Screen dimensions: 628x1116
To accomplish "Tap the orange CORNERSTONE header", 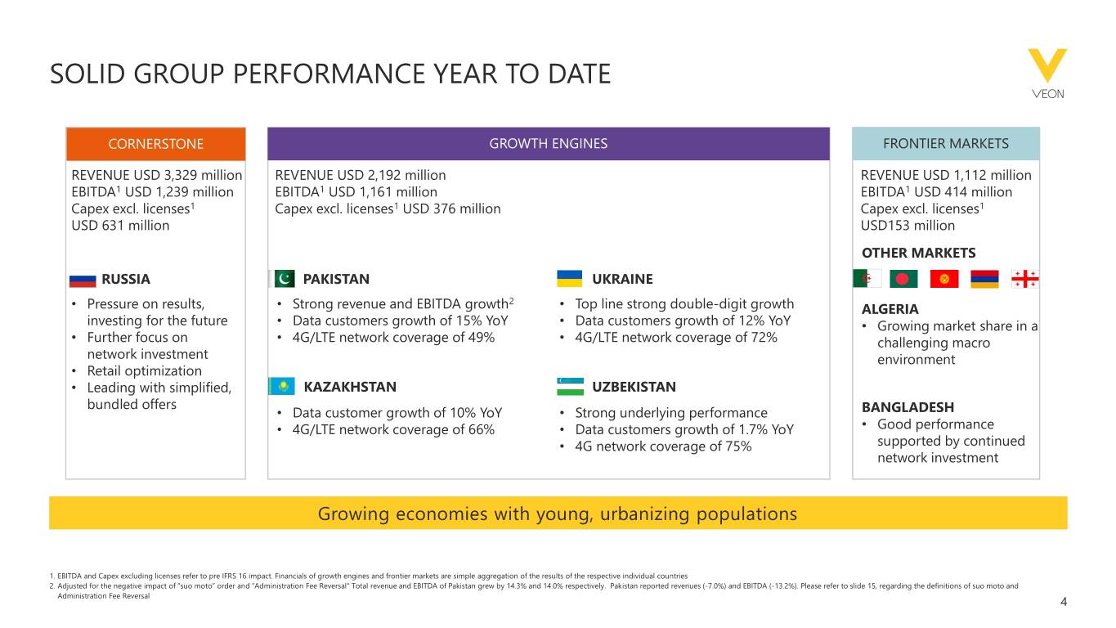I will pyautogui.click(x=155, y=144).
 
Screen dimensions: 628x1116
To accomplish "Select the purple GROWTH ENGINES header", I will pyautogui.click(x=548, y=144).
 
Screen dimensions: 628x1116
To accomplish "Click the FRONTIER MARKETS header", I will pyautogui.click(x=945, y=144).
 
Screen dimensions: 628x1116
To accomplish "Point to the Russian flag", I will pyautogui.click(x=82, y=280).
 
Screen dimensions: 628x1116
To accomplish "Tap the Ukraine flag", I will pyautogui.click(x=569, y=279).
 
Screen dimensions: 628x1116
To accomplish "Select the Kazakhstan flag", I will pyautogui.click(x=282, y=387).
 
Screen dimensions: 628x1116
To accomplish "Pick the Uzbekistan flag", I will pyautogui.click(x=569, y=386).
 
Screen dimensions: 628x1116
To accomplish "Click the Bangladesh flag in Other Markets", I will pyautogui.click(x=904, y=279).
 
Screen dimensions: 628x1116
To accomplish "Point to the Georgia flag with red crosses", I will pyautogui.click(x=1024, y=279).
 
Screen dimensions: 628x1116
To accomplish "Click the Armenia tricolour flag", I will pyautogui.click(x=984, y=279).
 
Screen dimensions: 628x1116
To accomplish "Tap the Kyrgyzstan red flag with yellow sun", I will pyautogui.click(x=944, y=279).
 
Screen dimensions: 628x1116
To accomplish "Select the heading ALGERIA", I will pyautogui.click(x=890, y=310).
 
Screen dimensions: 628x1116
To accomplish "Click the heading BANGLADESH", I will pyautogui.click(x=908, y=407).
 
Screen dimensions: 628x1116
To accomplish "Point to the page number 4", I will pyautogui.click(x=1063, y=603).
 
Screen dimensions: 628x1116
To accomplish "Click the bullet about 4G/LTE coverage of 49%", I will pyautogui.click(x=392, y=338).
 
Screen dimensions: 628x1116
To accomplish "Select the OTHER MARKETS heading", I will pyautogui.click(x=918, y=253).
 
